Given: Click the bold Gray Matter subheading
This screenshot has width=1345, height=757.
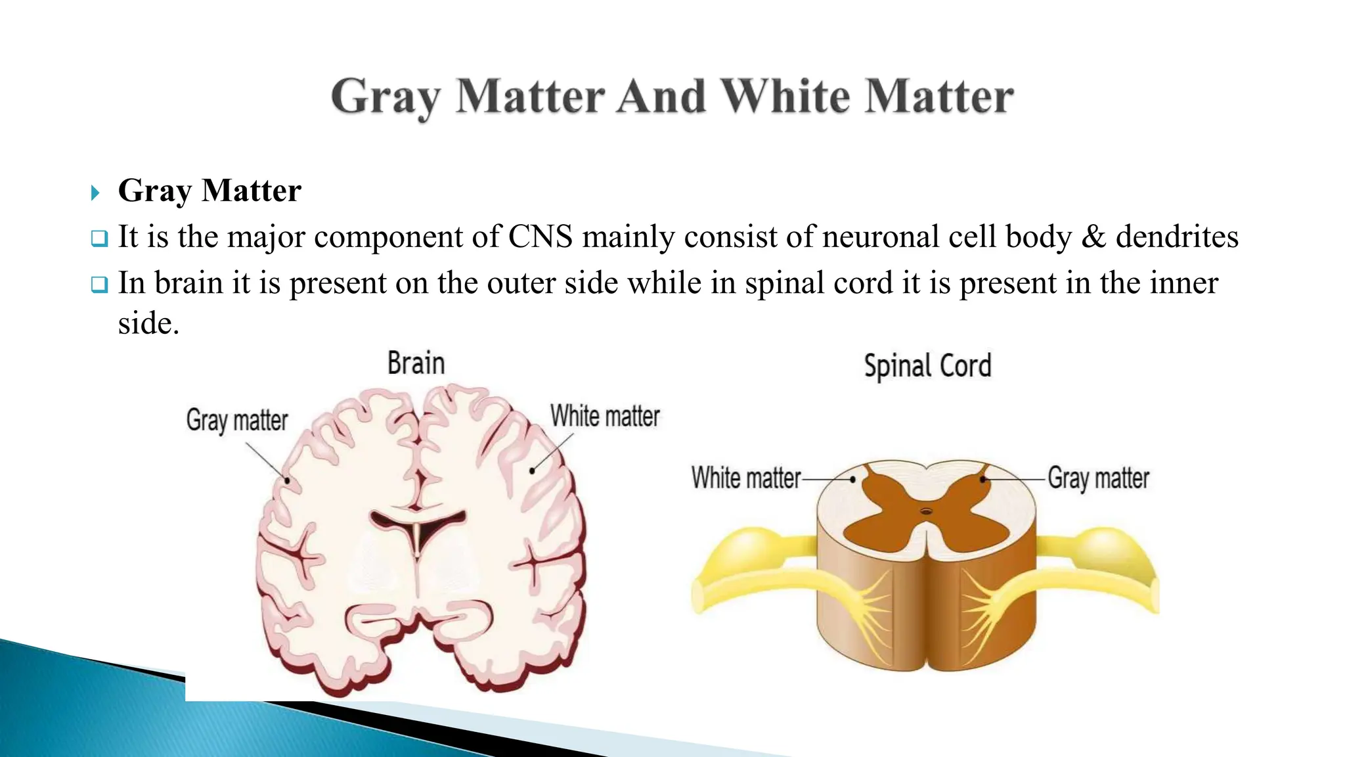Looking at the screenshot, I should point(209,191).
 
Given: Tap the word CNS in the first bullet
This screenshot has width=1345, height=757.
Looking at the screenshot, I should point(540,237).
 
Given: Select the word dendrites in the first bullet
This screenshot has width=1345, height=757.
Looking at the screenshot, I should point(1177,237).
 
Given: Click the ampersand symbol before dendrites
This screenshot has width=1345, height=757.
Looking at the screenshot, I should point(1093,237).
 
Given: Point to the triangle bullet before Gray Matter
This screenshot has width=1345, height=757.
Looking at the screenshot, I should point(95,193).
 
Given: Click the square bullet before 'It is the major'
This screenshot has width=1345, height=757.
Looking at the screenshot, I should point(99,239).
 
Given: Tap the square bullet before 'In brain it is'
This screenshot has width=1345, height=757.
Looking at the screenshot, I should point(99,285).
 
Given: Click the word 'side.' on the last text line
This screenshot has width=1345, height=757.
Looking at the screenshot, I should point(148,323).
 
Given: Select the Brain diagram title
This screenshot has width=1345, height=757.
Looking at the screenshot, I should point(416,363).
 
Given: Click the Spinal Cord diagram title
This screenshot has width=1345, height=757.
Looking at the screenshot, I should point(927,366).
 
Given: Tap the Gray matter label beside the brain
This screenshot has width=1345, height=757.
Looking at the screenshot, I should point(237,421).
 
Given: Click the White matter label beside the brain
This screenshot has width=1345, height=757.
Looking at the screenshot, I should point(605,417).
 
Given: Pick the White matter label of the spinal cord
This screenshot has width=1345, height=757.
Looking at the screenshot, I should point(746,478).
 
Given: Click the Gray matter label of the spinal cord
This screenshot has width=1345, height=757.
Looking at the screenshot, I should point(1098,478).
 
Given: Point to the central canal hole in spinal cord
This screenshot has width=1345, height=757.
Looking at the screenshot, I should point(926,511).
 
